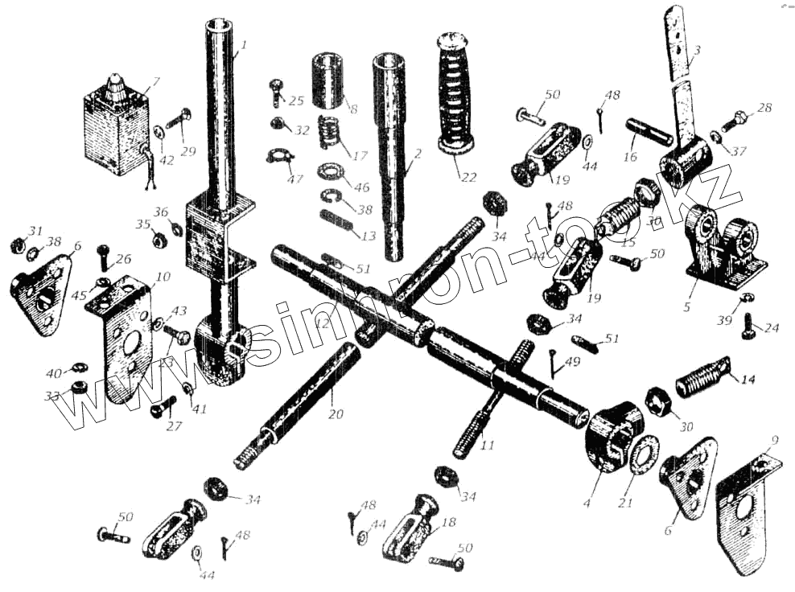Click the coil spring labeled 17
[x=326, y=132]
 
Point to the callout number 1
[x=244, y=44]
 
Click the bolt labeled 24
[x=746, y=328]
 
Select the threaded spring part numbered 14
[x=704, y=376]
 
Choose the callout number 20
[x=335, y=415]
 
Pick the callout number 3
[x=697, y=51]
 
